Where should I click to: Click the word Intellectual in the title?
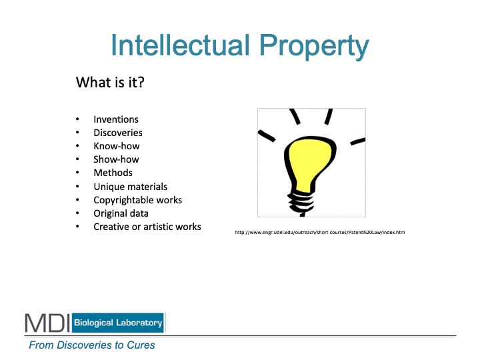pos(180,45)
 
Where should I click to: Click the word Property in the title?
pos(314,47)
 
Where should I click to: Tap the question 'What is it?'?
pos(110,82)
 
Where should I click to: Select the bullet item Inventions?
pos(116,119)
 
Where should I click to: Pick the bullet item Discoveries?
pos(118,133)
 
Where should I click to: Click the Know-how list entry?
pos(117,146)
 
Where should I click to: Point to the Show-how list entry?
pos(116,159)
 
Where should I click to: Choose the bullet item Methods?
pos(113,173)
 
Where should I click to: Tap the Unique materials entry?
pos(131,187)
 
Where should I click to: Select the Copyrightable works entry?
pos(138,200)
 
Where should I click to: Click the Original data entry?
pos(121,213)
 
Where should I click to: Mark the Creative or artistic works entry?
pos(147,227)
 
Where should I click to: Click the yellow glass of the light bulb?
pos(309,162)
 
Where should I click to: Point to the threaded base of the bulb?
pos(301,203)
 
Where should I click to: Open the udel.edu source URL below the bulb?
pos(320,233)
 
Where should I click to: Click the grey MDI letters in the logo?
pos(47,323)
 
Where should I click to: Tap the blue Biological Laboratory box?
pos(118,323)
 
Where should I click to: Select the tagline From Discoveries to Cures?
pos(92,345)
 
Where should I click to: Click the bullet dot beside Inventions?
pos(77,119)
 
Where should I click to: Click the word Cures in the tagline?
pos(141,345)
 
